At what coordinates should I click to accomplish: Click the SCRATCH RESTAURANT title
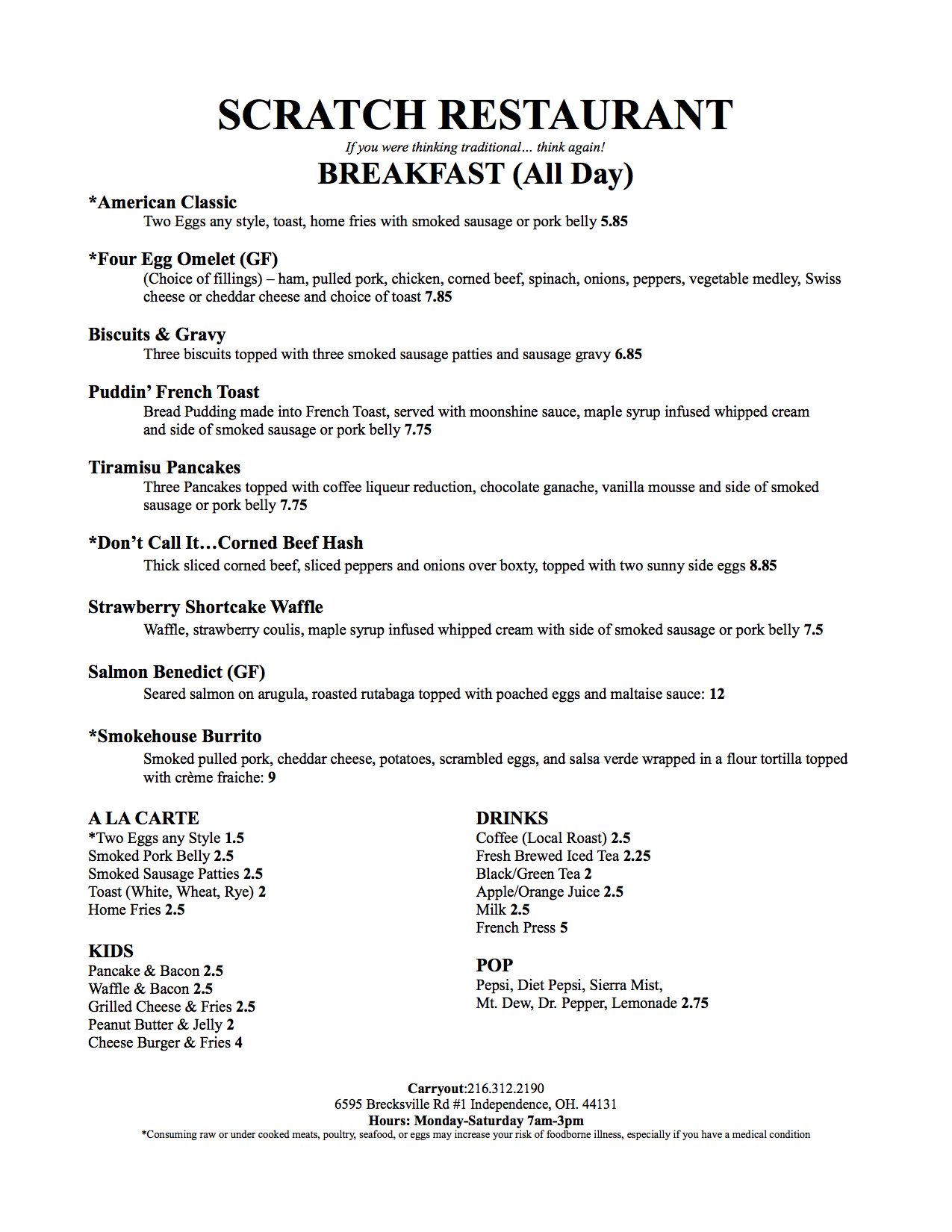[475, 115]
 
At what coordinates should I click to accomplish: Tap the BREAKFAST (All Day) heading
[475, 174]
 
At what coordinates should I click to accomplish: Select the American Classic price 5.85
[614, 222]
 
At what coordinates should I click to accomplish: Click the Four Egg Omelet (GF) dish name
[183, 259]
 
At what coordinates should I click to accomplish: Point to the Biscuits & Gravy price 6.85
[628, 355]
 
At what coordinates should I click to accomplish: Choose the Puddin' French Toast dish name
[174, 392]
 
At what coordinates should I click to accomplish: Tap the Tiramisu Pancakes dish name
[164, 467]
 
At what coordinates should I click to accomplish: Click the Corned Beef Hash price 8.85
[763, 566]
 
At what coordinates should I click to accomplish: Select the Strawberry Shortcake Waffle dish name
[205, 607]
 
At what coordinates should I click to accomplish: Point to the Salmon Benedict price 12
[717, 694]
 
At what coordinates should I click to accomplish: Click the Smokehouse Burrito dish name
[175, 736]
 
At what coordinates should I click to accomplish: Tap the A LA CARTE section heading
[143, 818]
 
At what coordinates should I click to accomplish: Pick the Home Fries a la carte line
[136, 910]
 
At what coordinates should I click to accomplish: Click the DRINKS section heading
[512, 818]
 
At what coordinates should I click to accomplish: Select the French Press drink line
[521, 928]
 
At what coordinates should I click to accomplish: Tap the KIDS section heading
[111, 951]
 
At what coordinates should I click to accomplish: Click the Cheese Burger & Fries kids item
[165, 1043]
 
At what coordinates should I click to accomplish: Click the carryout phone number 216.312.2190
[505, 1089]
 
